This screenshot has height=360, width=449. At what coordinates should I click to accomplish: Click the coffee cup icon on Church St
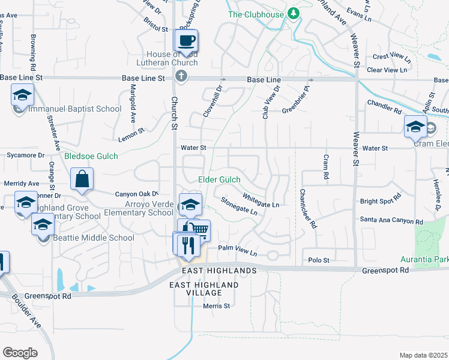[x=185, y=40]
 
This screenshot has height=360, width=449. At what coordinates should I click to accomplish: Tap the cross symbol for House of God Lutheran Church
[x=181, y=76]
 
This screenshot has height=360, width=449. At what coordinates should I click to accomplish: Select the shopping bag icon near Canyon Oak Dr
[x=82, y=178]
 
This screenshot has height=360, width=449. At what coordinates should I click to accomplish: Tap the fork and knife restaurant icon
[x=187, y=244]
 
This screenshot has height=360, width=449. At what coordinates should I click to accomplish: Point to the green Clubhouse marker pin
[x=293, y=13]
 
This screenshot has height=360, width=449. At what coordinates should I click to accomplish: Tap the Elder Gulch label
[x=219, y=179]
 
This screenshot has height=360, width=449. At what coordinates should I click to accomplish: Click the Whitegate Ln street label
[x=261, y=200]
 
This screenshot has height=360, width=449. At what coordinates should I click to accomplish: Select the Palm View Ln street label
[x=237, y=251]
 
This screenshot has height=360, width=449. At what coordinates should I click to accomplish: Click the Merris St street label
[x=216, y=306]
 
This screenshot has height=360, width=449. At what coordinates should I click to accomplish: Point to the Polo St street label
[x=319, y=260]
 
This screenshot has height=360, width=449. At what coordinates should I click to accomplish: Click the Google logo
[x=20, y=353]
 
